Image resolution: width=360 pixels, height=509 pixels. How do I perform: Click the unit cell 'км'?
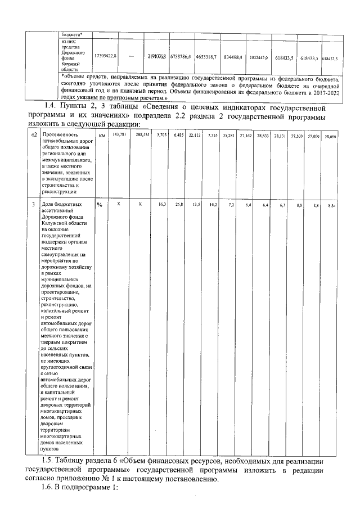[x=102, y=136]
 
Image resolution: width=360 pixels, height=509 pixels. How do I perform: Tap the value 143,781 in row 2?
[x=118, y=136]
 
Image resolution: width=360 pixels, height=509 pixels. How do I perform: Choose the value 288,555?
[x=142, y=136]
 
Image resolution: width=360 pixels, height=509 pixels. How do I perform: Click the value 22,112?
[x=195, y=136]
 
